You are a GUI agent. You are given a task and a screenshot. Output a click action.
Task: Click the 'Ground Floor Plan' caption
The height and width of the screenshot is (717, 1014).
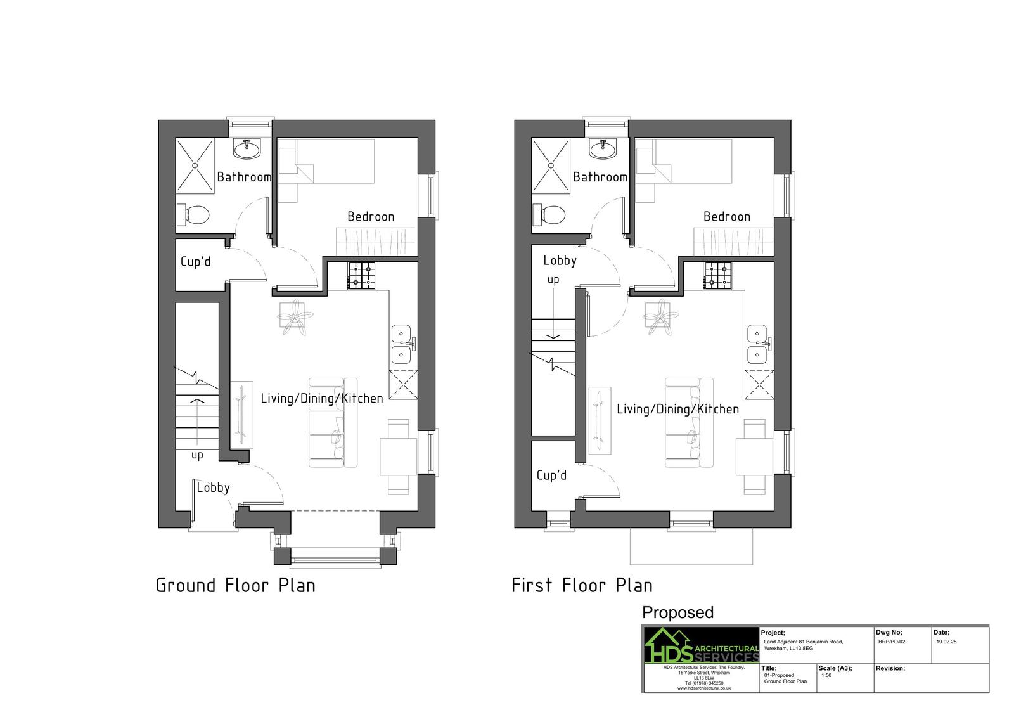click(x=235, y=585)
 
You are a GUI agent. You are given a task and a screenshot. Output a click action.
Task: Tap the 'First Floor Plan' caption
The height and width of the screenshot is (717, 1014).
click(x=582, y=585)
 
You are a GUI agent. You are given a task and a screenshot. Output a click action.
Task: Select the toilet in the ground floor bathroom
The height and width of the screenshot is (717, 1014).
click(x=193, y=214)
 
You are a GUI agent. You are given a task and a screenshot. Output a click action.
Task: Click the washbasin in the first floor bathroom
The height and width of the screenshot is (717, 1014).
click(x=603, y=148)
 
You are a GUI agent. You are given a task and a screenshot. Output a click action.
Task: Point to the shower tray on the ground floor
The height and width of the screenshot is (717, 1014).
click(x=195, y=165)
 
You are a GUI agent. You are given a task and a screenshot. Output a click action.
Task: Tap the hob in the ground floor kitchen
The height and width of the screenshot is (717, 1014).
click(x=362, y=276)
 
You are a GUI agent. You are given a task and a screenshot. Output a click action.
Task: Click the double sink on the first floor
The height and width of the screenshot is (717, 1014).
click(x=757, y=344)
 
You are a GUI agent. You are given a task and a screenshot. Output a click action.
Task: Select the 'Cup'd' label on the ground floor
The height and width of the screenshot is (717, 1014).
click(x=196, y=262)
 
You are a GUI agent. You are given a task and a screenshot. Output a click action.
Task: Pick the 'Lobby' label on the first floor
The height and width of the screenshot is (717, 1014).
click(x=560, y=261)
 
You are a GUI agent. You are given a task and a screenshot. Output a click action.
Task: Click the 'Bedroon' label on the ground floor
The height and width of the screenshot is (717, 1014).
click(x=371, y=217)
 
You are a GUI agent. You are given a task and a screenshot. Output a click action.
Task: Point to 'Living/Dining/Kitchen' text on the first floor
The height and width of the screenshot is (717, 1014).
click(x=677, y=409)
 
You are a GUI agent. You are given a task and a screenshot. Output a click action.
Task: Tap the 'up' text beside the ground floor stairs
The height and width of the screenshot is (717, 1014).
click(x=197, y=455)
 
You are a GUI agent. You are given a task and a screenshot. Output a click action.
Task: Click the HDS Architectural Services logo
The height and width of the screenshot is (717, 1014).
click(x=701, y=645)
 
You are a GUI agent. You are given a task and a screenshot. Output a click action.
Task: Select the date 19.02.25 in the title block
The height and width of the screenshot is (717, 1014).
click(x=947, y=642)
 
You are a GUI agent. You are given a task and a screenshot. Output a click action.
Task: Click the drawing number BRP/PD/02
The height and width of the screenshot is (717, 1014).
click(x=892, y=642)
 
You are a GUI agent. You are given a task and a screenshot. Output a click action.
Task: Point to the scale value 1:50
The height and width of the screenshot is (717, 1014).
click(x=826, y=675)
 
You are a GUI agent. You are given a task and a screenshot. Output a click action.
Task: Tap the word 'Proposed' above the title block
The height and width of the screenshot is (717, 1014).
click(x=677, y=612)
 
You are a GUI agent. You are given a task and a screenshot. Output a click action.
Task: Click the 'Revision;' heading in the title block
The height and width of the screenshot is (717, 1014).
click(x=890, y=668)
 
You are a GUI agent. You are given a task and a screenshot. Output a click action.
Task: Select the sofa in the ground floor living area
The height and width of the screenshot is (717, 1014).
click(x=333, y=423)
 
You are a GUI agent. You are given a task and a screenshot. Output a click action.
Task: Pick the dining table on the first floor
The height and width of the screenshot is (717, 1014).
click(x=754, y=456)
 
